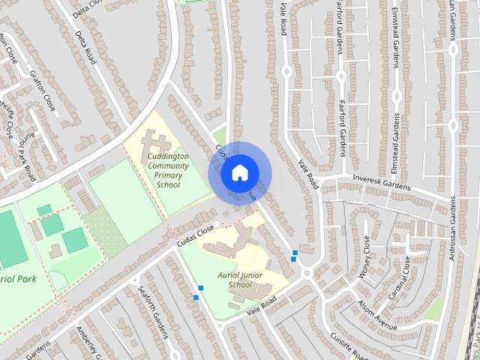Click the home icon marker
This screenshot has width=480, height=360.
[238, 172]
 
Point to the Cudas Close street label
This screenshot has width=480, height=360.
[196, 236]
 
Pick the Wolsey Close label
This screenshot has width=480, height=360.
[364, 256]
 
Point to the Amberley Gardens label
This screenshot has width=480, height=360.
[88, 342]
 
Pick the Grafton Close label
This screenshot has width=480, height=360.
[43, 90]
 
